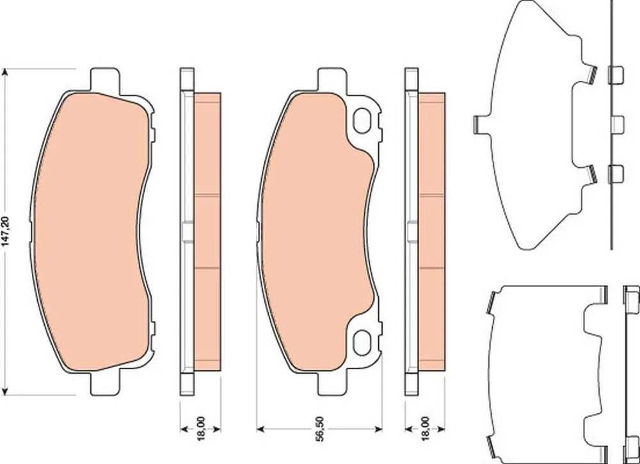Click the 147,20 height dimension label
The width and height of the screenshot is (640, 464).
point(5,231)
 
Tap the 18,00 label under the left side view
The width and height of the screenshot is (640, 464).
point(200,429)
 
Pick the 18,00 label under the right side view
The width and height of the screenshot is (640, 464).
point(425,429)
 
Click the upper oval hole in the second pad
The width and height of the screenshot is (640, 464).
point(362,121)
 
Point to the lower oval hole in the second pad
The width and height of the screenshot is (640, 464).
point(362,343)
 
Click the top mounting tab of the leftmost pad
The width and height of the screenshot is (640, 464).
point(105,78)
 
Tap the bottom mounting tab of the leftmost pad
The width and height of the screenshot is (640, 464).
point(105,385)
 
